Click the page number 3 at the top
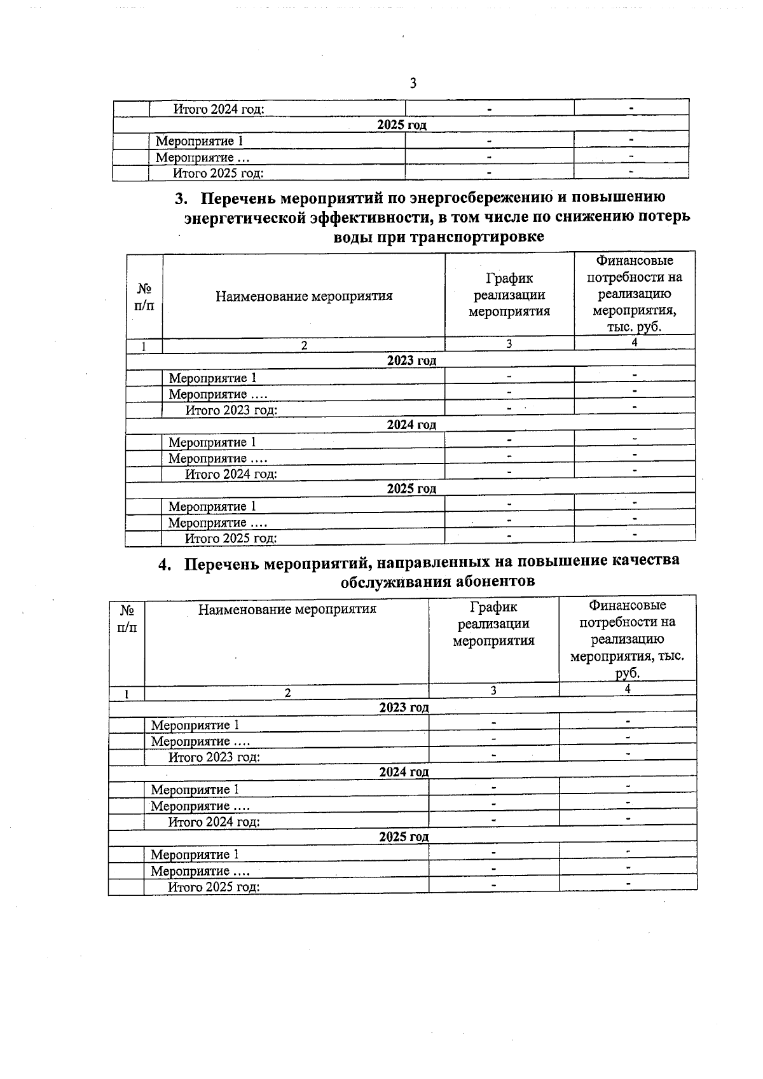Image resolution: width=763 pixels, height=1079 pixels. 413,83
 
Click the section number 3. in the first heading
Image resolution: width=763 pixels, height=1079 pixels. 182,199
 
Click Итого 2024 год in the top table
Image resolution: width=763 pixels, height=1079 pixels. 219,109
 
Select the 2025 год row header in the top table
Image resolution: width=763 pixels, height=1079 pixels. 401,125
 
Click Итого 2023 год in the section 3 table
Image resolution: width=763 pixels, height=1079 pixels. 231,410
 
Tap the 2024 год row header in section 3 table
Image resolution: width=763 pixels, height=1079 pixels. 411,425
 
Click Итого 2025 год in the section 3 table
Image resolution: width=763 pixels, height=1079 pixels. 230,539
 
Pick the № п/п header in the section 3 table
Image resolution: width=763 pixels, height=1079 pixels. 144,296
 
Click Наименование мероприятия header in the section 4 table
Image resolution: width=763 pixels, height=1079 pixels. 287,609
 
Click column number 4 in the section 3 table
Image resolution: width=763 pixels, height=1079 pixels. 634,343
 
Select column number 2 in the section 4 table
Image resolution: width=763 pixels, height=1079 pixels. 287,693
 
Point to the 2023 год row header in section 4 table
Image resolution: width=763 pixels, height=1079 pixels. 404,707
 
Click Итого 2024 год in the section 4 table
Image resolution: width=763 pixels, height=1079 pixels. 214,822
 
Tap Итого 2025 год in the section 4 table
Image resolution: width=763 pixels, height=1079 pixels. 214,887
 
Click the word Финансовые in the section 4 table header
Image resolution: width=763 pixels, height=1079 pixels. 627,605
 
